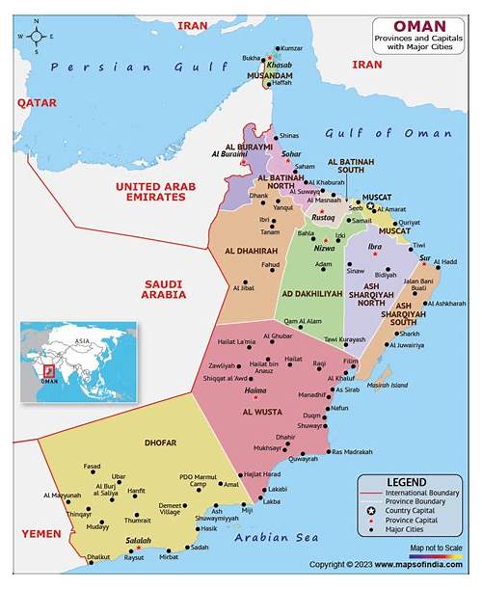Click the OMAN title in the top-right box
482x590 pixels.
[x=419, y=26]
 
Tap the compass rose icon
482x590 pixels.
[x=38, y=37]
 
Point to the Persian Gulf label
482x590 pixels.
[x=116, y=67]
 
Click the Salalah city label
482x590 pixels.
[x=139, y=542]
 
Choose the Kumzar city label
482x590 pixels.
[x=291, y=48]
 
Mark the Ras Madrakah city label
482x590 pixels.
[x=351, y=452]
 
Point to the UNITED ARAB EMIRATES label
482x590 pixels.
[x=149, y=191]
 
